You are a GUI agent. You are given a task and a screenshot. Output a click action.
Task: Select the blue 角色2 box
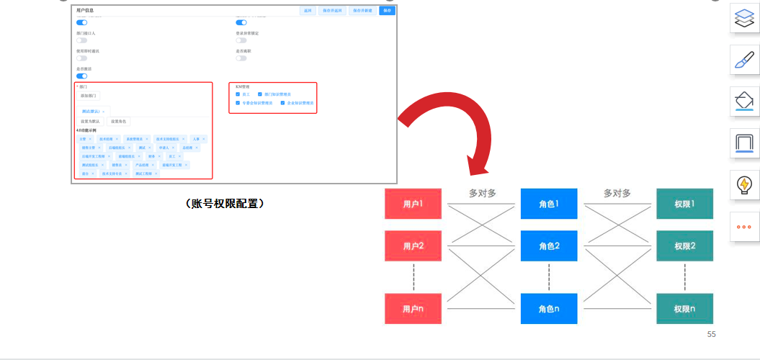pyautogui.click(x=549, y=246)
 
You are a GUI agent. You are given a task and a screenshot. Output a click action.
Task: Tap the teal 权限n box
pyautogui.click(x=684, y=309)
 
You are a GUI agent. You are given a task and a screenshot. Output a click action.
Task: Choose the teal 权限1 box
pyautogui.click(x=684, y=204)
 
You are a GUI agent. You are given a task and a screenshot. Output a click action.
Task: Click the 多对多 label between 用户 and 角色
pyautogui.click(x=483, y=193)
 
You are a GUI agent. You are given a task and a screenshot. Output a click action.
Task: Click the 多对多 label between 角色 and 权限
pyautogui.click(x=617, y=193)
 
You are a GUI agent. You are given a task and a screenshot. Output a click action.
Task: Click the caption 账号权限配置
pyautogui.click(x=225, y=204)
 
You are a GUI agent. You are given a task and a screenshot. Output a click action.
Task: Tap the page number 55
pyautogui.click(x=711, y=334)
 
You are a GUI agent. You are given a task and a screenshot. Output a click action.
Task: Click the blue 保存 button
pyautogui.click(x=387, y=11)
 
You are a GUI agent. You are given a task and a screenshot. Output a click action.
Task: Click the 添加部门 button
pyautogui.click(x=89, y=95)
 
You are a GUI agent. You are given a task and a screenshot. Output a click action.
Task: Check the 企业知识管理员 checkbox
pyautogui.click(x=283, y=103)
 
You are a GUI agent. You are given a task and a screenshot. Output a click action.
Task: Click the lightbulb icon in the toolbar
pyautogui.click(x=742, y=184)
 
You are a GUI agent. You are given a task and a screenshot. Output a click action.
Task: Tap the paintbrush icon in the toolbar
pyautogui.click(x=742, y=59)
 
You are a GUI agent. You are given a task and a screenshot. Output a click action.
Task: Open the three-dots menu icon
pyautogui.click(x=742, y=226)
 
